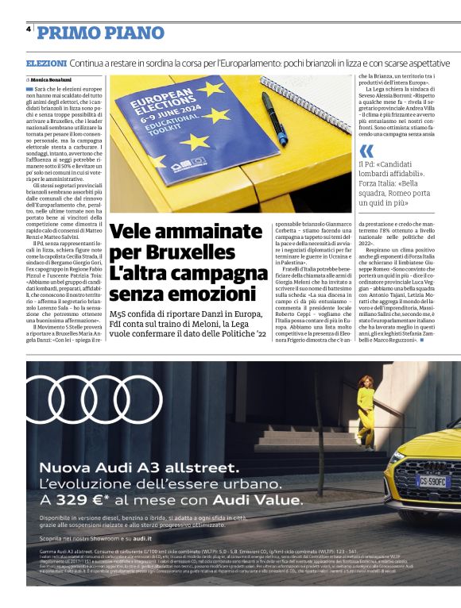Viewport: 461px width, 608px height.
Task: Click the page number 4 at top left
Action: [x=29, y=29]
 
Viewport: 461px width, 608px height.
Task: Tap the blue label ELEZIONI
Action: [x=46, y=63]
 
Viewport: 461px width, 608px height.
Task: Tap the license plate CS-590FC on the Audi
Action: [x=433, y=481]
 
